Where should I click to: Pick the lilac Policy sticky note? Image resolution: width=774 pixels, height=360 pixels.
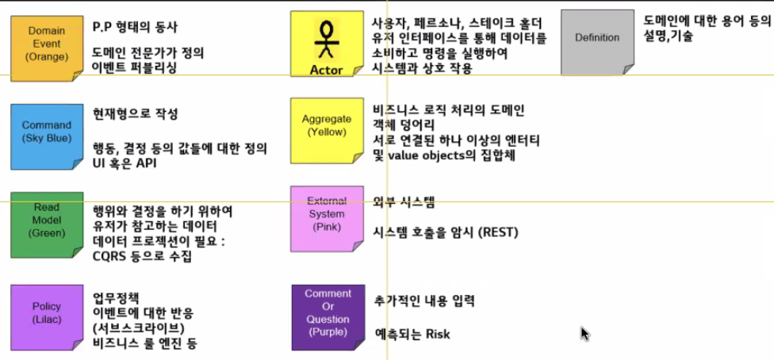47,312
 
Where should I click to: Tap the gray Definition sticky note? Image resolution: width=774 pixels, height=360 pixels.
597,37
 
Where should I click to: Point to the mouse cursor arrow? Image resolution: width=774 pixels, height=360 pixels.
584,332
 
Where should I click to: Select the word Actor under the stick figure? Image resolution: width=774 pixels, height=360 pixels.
326,70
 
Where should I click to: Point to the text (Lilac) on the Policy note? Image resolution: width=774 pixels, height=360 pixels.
47,319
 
